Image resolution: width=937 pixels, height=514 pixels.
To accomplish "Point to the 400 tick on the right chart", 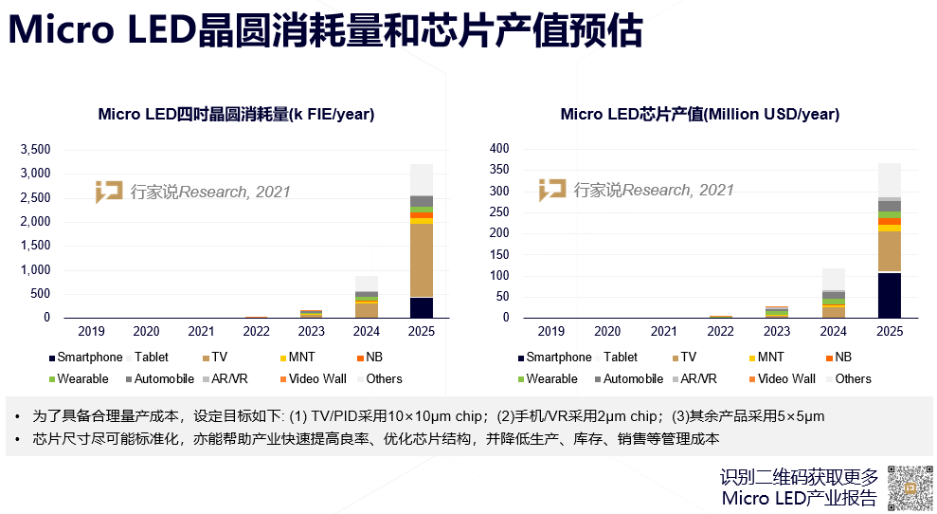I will tap(498, 149).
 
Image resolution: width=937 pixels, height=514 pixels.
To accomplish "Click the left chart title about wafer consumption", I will tap(236, 115).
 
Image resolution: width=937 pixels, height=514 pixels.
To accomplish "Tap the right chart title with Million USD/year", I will tap(699, 115).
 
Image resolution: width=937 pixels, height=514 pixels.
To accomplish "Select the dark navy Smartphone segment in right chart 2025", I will tap(889, 295).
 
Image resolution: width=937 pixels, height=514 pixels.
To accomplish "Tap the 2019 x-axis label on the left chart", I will tap(91, 332).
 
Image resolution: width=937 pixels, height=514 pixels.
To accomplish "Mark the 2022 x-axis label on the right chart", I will tap(720, 332).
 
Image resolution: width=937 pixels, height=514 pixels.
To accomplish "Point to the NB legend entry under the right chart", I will tap(838, 358).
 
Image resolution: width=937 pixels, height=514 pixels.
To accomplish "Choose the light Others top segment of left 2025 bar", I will tap(421, 179).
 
